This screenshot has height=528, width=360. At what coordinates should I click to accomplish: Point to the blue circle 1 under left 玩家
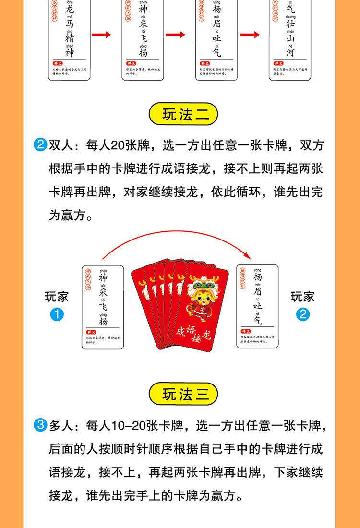[x=57, y=315]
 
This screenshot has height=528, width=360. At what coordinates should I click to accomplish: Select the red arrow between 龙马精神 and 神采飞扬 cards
[x=101, y=35]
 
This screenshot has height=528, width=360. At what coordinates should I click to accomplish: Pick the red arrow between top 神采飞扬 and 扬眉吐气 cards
[x=176, y=35]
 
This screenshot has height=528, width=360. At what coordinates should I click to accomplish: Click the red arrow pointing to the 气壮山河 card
[x=250, y=35]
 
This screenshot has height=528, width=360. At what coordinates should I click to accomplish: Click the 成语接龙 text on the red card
[x=193, y=331]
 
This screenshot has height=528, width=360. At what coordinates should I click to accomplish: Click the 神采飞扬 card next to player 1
[x=103, y=306]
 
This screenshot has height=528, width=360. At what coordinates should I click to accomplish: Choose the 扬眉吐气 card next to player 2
[x=258, y=306]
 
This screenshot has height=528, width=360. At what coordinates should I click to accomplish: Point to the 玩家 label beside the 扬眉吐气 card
[x=303, y=297]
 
